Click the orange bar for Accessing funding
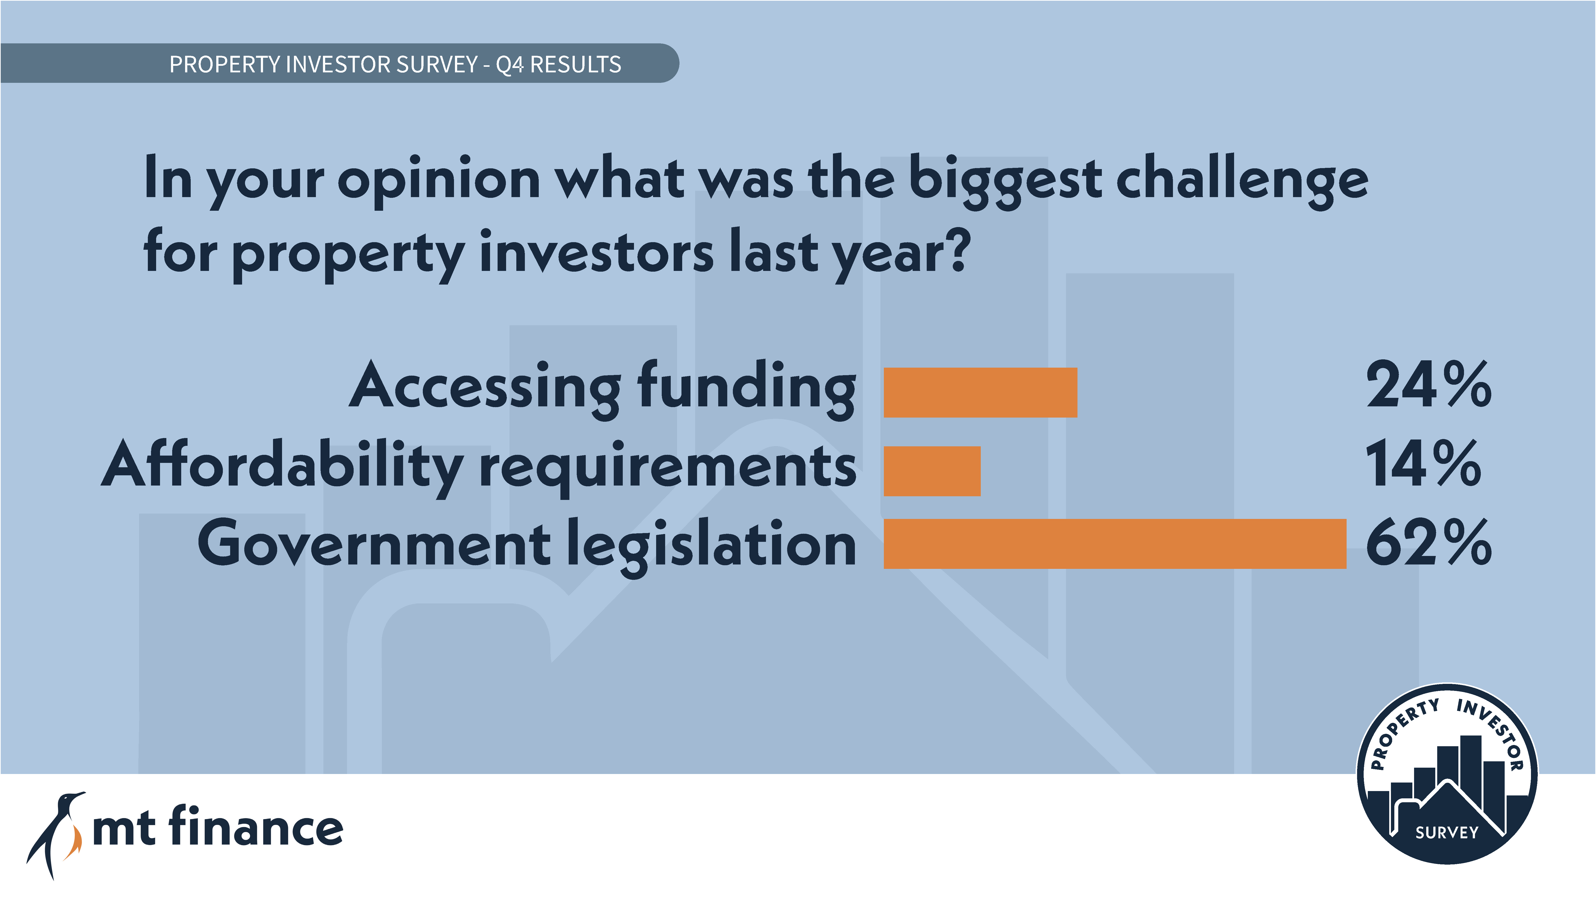(x=980, y=392)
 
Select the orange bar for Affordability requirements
(x=932, y=471)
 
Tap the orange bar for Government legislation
(x=1114, y=544)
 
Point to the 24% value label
(x=1429, y=385)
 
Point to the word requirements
(x=668, y=468)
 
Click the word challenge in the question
(x=1242, y=180)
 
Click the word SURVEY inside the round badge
(x=1447, y=832)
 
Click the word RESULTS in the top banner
(x=576, y=64)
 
